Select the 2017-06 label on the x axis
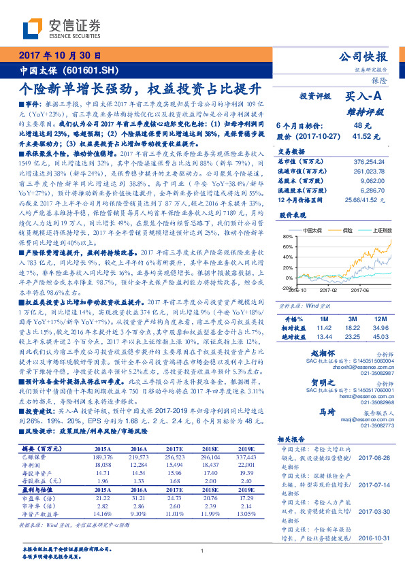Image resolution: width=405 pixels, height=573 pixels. click(x=359, y=289)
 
